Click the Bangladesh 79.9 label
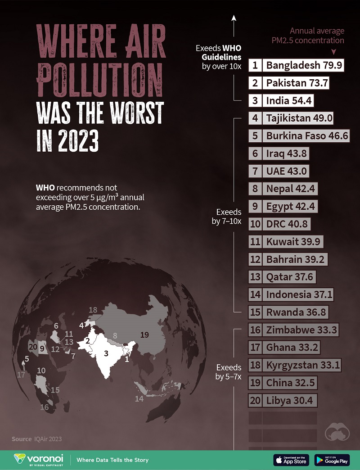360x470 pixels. click(x=304, y=65)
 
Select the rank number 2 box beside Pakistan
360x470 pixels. click(x=255, y=83)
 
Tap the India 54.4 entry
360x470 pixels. click(x=289, y=100)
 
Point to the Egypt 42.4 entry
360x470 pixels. click(x=290, y=206)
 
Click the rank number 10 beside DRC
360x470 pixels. click(x=255, y=224)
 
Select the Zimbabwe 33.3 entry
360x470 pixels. click(x=301, y=330)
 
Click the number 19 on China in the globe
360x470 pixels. click(x=144, y=334)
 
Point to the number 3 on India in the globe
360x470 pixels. click(x=106, y=353)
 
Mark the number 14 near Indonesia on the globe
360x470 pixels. click(x=139, y=399)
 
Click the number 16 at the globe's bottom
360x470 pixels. click(x=44, y=407)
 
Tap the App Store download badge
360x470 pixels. click(x=291, y=460)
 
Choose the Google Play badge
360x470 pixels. click(x=332, y=460)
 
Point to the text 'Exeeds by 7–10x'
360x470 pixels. click(x=229, y=216)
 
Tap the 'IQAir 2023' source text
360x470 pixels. click(x=47, y=439)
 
